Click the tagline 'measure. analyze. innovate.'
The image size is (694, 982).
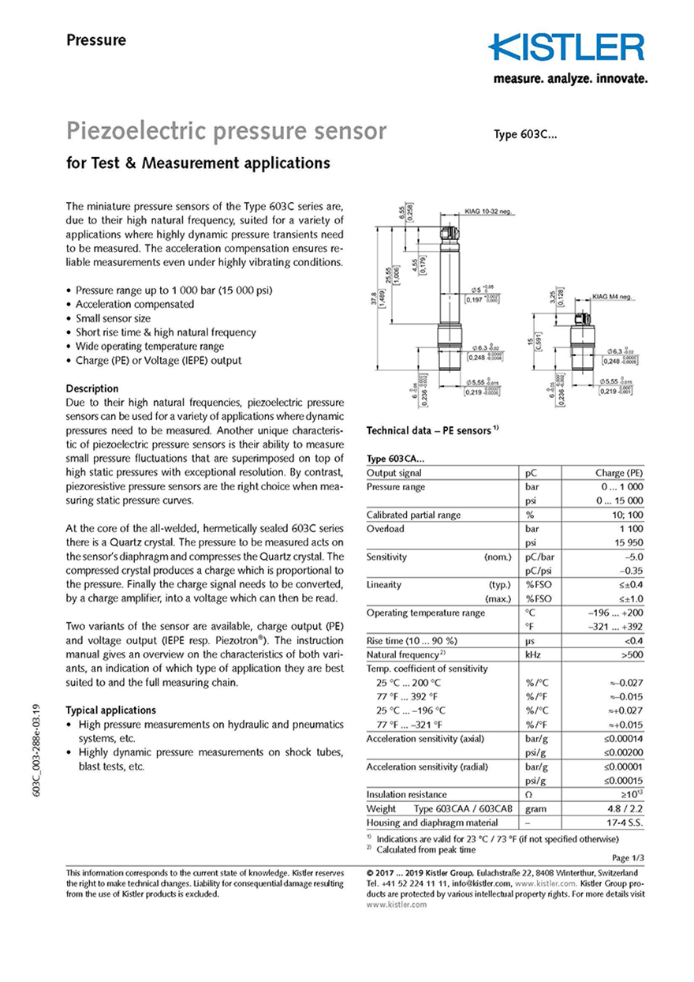tap(570, 79)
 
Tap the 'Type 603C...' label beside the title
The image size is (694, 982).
tap(526, 134)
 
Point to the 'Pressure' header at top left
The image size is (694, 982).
tap(95, 40)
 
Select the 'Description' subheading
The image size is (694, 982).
tap(92, 388)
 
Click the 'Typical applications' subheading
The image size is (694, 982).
tap(110, 710)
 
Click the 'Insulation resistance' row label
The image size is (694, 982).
tap(407, 794)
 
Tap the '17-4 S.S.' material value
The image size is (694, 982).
tap(624, 823)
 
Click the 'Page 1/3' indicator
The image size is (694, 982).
tap(627, 857)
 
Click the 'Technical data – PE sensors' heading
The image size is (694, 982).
tap(433, 431)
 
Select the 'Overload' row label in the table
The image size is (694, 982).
tap(386, 529)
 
